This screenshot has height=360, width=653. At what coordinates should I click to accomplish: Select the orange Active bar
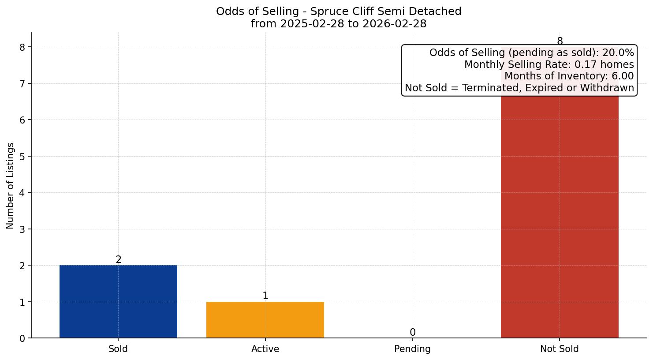[x=265, y=320]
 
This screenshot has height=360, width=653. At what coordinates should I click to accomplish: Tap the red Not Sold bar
[x=560, y=212]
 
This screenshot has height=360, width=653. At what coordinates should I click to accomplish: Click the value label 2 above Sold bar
[x=118, y=260]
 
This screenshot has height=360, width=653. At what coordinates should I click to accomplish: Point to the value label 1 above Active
[x=265, y=296]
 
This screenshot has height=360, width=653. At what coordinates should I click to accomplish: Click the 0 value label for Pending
[x=412, y=333]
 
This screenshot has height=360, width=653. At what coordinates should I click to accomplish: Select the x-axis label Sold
[x=118, y=349]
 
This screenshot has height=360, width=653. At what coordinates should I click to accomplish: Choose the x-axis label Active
[x=265, y=349]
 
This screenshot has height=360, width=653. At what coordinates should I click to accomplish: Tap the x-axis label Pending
[x=412, y=349]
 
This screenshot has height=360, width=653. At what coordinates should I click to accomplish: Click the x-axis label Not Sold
[x=559, y=349]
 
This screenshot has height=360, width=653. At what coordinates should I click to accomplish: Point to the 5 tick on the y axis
[x=22, y=157]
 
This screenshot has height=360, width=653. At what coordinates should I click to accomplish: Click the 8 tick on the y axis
[x=22, y=47]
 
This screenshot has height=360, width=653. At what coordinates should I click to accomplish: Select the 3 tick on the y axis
[x=22, y=229]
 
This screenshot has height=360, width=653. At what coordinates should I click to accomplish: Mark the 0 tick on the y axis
[x=22, y=338]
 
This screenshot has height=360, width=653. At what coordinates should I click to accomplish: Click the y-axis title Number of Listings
[x=11, y=185]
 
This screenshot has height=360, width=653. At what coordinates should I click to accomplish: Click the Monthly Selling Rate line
[x=549, y=65]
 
